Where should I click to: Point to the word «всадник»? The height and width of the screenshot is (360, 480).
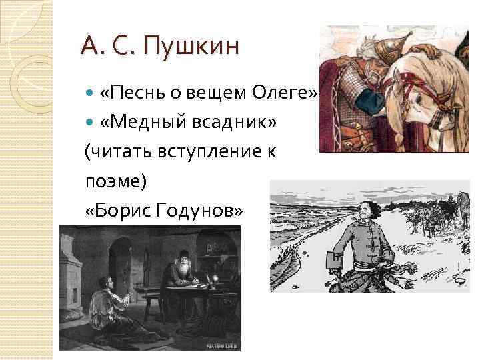coord(219,123)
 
